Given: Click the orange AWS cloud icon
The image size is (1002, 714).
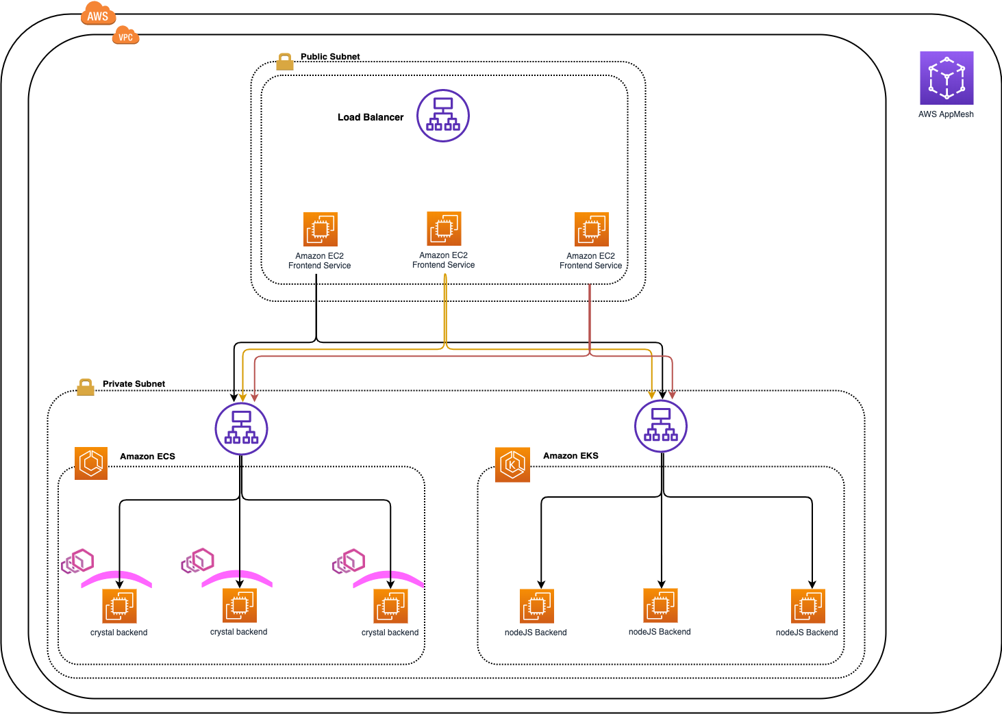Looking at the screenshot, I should pyautogui.click(x=98, y=15).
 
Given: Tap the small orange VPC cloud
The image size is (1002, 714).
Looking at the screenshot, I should pyautogui.click(x=125, y=36).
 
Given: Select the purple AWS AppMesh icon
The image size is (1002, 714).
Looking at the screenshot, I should pyautogui.click(x=947, y=78).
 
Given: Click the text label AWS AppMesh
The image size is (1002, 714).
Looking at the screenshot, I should pyautogui.click(x=946, y=114).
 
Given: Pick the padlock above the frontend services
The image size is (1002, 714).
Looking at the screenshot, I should pyautogui.click(x=285, y=62).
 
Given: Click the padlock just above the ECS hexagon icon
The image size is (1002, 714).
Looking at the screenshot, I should pyautogui.click(x=86, y=387).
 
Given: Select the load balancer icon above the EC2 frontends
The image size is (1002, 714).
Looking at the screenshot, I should pyautogui.click(x=443, y=116).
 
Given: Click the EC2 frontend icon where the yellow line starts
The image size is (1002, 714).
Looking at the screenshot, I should pyautogui.click(x=444, y=229).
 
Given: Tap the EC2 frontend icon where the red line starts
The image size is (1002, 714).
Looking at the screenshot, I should pyautogui.click(x=592, y=229).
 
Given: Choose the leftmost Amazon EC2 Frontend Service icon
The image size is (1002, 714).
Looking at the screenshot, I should pyautogui.click(x=321, y=229).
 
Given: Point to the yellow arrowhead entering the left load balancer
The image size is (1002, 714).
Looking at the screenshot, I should pyautogui.click(x=242, y=397).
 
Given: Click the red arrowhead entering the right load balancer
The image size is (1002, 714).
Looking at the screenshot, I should pyautogui.click(x=673, y=395).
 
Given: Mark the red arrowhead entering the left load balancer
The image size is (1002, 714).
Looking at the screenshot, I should pyautogui.click(x=255, y=397).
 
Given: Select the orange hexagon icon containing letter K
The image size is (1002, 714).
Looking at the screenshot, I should pyautogui.click(x=512, y=465).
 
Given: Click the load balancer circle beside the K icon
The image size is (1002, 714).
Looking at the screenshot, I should pyautogui.click(x=661, y=426).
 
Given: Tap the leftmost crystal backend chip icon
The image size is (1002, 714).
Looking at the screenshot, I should pyautogui.click(x=119, y=606).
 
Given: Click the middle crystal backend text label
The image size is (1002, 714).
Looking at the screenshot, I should pyautogui.click(x=238, y=632).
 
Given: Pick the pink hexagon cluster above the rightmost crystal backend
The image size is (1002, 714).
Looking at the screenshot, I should pyautogui.click(x=349, y=561).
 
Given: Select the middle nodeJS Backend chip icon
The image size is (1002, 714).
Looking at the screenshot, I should pyautogui.click(x=660, y=605).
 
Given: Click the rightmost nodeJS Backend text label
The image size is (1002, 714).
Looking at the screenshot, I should pyautogui.click(x=806, y=633).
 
